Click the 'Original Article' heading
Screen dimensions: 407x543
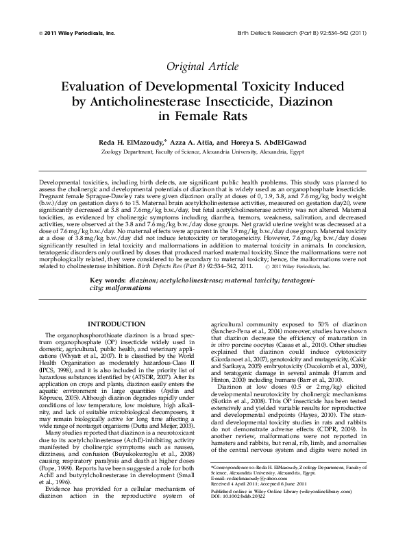pos(203,67)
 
